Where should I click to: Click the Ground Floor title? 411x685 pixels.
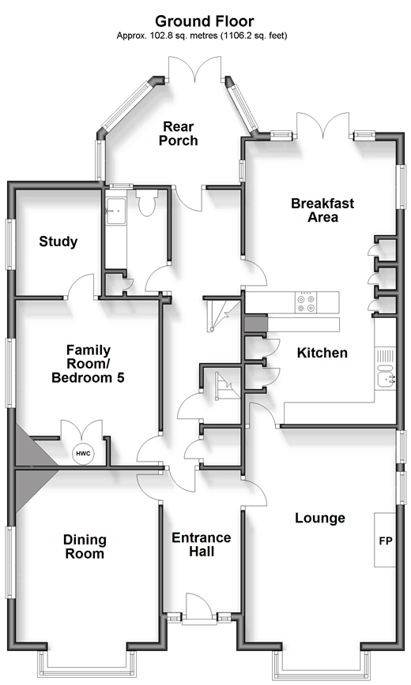tap(205, 21)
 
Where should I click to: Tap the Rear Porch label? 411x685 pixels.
tap(178, 133)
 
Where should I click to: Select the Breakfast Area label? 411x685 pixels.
tap(322, 210)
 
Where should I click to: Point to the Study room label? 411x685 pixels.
tap(58, 241)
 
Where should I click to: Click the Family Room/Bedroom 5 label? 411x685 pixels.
tap(88, 364)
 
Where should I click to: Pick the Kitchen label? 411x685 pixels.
tap(322, 353)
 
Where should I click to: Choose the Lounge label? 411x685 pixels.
tap(320, 518)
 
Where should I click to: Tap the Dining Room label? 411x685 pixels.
tap(85, 547)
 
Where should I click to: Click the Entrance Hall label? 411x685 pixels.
tap(202, 545)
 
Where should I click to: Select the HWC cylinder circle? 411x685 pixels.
tap(83, 454)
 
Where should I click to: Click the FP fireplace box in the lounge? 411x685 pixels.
tap(385, 541)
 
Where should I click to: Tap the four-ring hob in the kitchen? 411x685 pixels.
tap(306, 303)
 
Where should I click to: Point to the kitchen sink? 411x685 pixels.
tap(386, 376)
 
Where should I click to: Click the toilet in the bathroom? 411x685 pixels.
tap(145, 203)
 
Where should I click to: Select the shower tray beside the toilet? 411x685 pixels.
tap(115, 211)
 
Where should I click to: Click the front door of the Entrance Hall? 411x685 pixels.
tap(199, 606)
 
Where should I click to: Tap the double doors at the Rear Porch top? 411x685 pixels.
tap(195, 69)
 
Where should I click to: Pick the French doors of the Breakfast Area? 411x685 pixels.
tap(323, 125)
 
